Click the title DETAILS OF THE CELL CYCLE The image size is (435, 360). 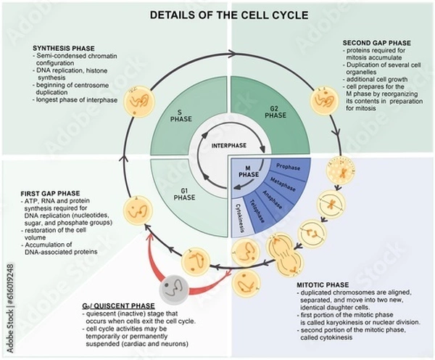(217, 15)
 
